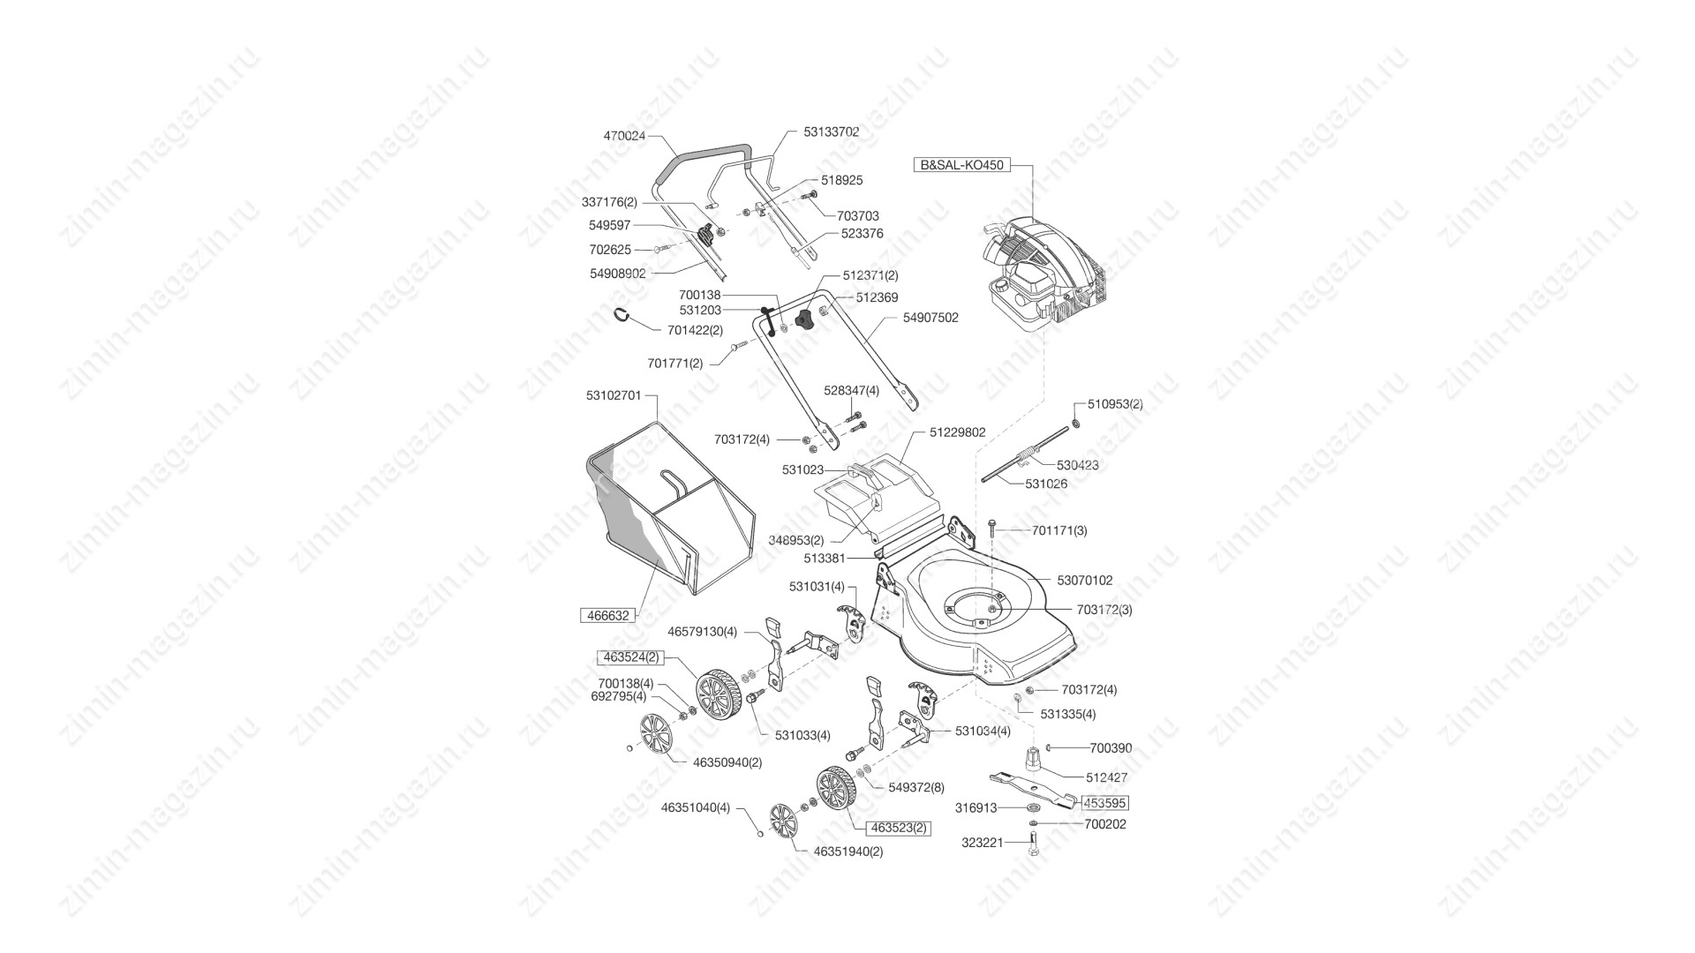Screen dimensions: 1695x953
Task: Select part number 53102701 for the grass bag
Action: coord(614,395)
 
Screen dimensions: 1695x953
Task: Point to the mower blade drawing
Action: coord(1033,788)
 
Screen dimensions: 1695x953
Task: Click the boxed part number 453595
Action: coord(1106,803)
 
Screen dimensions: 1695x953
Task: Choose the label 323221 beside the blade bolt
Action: coord(982,843)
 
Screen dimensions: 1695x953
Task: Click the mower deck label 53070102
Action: coord(1085,581)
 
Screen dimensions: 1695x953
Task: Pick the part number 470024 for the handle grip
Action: coord(624,136)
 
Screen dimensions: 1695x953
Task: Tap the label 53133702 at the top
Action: coord(831,131)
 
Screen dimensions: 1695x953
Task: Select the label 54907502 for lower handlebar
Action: coord(930,318)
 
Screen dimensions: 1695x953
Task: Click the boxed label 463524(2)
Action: coord(630,657)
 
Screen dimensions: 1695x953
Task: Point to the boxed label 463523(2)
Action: coord(900,828)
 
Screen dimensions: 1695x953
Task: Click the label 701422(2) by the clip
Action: coord(695,330)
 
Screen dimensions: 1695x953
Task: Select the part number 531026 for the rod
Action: coord(1046,484)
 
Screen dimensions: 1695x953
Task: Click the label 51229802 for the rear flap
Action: coord(957,432)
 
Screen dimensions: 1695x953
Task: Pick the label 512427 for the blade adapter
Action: coord(1106,777)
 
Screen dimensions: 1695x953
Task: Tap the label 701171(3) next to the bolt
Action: coord(1059,530)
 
